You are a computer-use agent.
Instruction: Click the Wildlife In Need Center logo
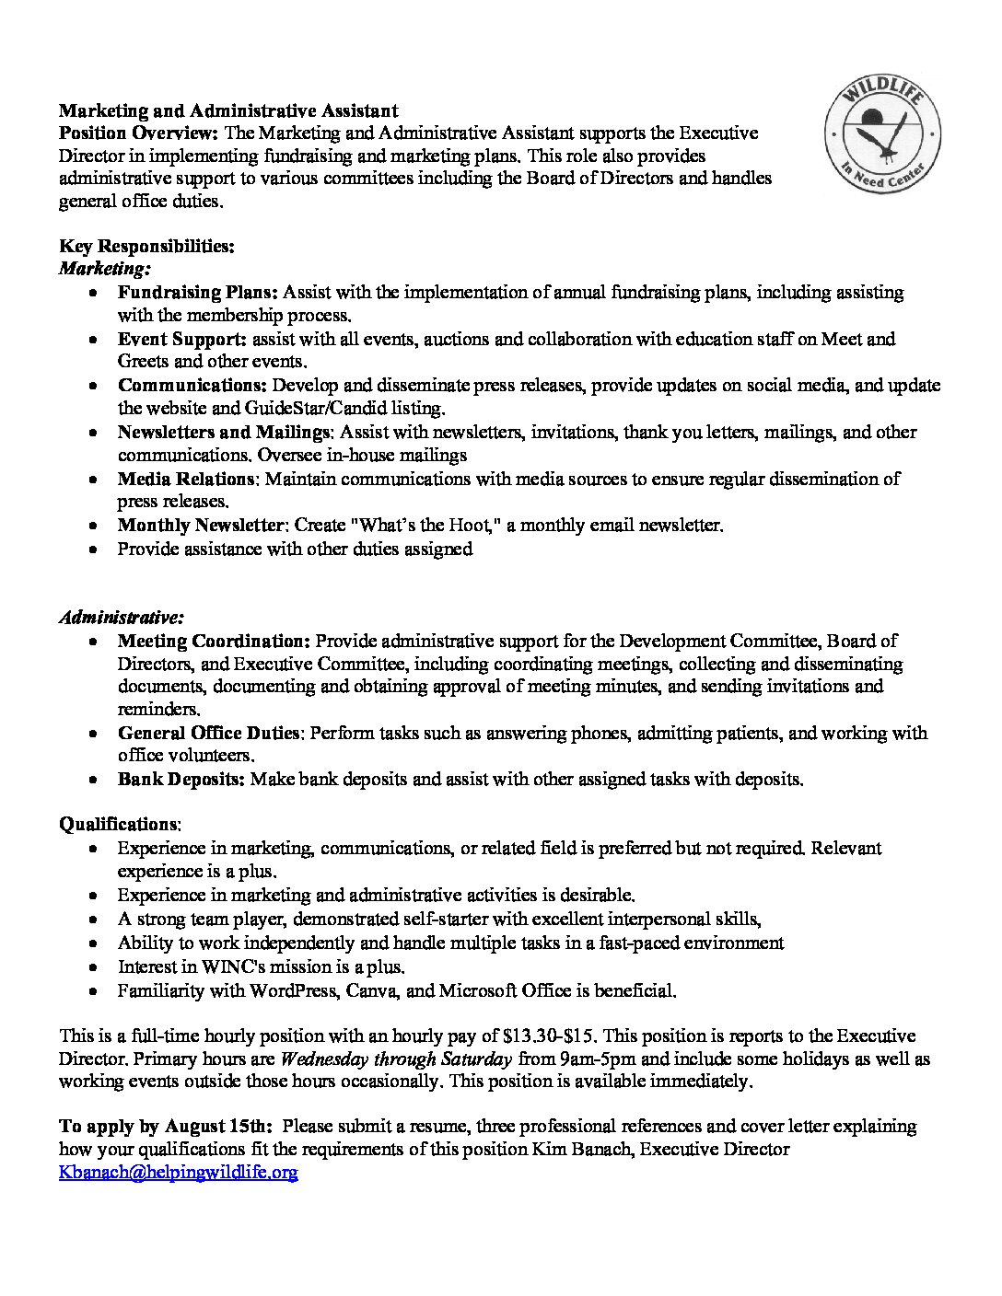882,135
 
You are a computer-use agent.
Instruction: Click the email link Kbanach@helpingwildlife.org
178,1173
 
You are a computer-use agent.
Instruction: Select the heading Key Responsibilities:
146,246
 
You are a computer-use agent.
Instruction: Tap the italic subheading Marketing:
105,269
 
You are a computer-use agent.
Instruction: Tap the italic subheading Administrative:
122,617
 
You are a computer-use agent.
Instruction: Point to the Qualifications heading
120,824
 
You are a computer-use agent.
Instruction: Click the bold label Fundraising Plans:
197,293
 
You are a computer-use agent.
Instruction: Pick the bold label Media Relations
185,479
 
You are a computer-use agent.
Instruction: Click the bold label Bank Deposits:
181,779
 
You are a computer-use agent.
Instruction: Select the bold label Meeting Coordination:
214,641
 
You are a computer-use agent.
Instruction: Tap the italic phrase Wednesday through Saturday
396,1059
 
